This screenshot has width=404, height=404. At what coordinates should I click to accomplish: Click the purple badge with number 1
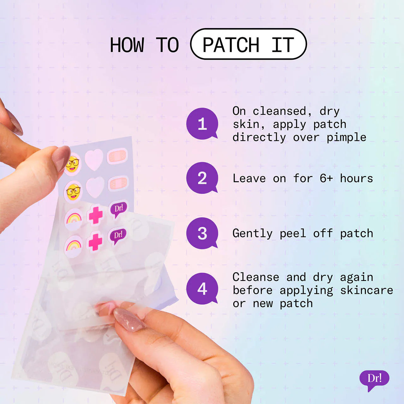coord(202,123)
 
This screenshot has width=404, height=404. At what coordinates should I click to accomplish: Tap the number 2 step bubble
coord(202,178)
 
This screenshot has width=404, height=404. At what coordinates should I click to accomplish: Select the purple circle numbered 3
coord(202,233)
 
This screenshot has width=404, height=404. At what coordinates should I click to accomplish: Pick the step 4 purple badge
coord(202,288)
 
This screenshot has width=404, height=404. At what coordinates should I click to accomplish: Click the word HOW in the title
coord(127,45)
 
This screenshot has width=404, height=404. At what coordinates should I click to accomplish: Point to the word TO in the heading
coord(167,45)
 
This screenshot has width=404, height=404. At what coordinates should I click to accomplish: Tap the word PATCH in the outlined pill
coord(231,45)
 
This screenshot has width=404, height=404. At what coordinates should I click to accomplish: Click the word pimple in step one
coord(346,138)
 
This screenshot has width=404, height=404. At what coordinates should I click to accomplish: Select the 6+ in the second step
coord(326,178)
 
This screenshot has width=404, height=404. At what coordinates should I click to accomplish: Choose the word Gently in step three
coord(252,234)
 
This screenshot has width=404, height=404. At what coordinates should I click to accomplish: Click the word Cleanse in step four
coord(256,277)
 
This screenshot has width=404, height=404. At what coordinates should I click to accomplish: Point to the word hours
coord(356,178)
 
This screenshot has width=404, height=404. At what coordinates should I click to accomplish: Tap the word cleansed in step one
coord(279,111)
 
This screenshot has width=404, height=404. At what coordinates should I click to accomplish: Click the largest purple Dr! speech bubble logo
coord(374,379)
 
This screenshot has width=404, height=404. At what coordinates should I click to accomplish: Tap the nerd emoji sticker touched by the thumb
coord(72,164)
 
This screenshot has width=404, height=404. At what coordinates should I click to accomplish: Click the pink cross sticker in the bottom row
coord(95,241)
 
